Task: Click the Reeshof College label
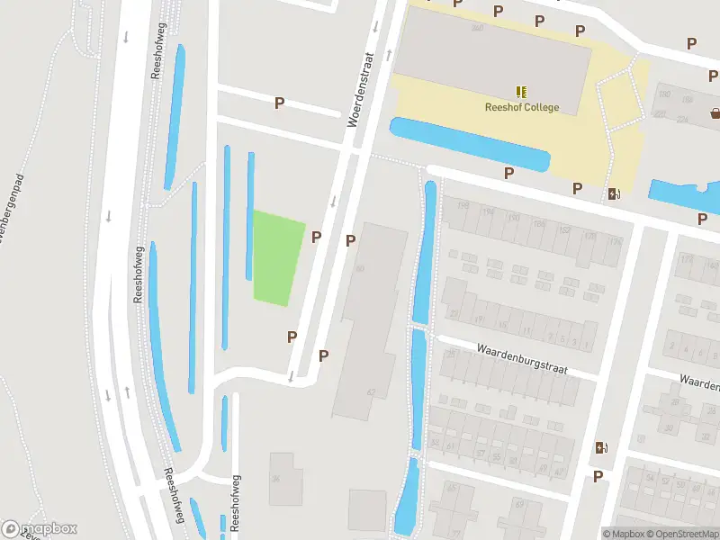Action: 522,108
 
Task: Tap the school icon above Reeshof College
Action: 521,91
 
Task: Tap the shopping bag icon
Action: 715,113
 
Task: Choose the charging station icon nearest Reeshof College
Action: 615,193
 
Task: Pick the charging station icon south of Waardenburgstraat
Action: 600,448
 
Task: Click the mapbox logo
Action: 40,529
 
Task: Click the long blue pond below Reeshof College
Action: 469,144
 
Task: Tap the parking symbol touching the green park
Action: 316,238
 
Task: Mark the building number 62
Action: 370,391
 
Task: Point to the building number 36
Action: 276,479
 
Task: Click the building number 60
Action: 360,269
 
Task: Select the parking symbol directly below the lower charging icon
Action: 598,476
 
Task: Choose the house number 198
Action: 463,207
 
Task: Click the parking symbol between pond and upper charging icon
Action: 577,188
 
